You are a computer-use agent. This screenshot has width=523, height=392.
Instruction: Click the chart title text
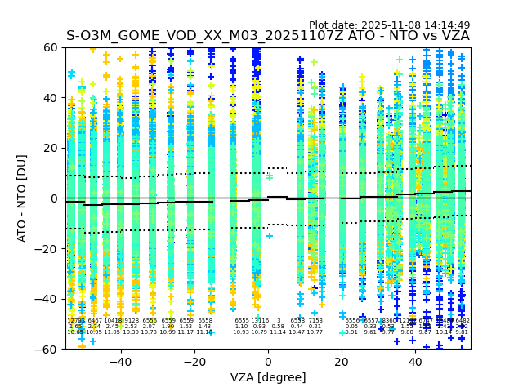[268, 36]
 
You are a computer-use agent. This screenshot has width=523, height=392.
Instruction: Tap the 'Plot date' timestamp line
[389, 25]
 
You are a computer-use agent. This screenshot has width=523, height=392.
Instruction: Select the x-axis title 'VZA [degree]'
[268, 376]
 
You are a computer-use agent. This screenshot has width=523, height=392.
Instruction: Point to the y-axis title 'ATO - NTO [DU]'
[23, 198]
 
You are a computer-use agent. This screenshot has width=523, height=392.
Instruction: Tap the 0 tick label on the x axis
[268, 362]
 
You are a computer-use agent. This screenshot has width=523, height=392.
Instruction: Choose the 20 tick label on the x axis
[342, 362]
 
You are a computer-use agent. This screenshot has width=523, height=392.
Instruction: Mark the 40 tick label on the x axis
[416, 362]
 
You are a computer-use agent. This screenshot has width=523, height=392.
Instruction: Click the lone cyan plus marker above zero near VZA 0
[269, 176]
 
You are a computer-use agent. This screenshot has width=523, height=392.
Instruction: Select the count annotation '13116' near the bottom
[260, 321]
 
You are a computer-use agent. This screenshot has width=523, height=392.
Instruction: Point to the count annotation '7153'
[315, 321]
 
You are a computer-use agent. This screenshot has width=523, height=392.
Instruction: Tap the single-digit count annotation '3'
[279, 321]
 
